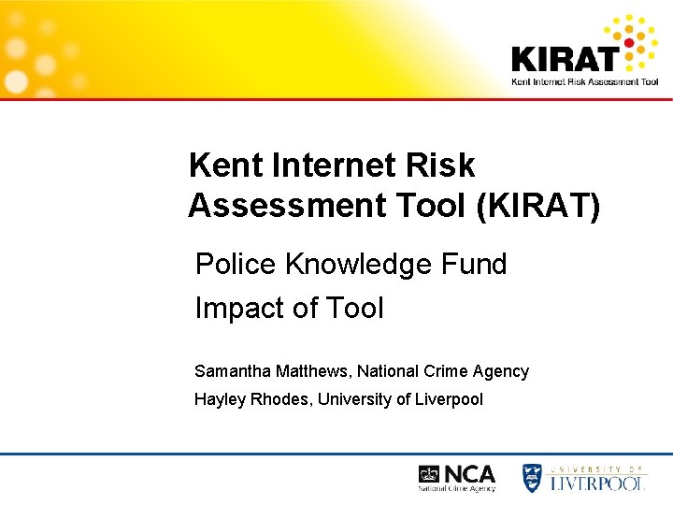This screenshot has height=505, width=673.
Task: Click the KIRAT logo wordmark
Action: (x=565, y=58)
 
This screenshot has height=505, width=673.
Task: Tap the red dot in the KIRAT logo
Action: (x=629, y=42)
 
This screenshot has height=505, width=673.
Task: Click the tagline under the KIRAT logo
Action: (x=584, y=81)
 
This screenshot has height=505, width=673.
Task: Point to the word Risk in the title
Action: (x=442, y=166)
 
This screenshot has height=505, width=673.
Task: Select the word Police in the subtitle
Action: (x=236, y=265)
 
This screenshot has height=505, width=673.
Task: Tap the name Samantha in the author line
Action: (x=232, y=371)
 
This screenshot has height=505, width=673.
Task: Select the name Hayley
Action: (x=217, y=400)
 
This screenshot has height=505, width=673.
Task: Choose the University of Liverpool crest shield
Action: (x=532, y=477)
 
